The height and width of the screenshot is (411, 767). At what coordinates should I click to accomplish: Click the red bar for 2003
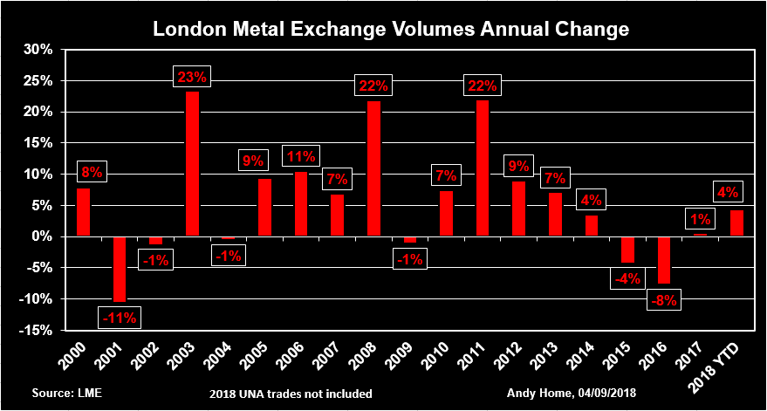192,164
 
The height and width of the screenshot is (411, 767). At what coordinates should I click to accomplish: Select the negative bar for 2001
120,269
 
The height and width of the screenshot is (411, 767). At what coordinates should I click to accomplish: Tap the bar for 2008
373,168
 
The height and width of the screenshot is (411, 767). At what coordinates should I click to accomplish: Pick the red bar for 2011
483,168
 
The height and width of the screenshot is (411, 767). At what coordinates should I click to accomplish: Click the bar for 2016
664,260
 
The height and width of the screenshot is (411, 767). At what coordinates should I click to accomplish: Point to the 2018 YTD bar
736,223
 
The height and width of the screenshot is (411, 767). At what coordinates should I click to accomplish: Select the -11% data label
119,318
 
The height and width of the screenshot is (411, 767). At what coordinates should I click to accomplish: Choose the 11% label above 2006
301,157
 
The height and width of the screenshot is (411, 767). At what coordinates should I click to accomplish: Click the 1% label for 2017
700,219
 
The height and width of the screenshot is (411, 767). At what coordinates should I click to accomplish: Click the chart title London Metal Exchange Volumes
391,29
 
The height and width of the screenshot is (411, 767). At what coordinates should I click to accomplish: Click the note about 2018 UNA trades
291,394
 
